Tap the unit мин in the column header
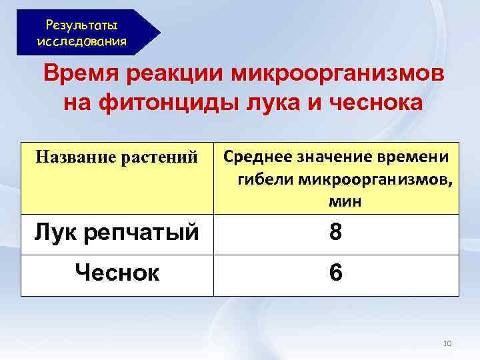[344, 201]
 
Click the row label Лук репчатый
[117, 233]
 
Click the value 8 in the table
[335, 234]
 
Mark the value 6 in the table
[335, 273]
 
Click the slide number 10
[447, 343]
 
